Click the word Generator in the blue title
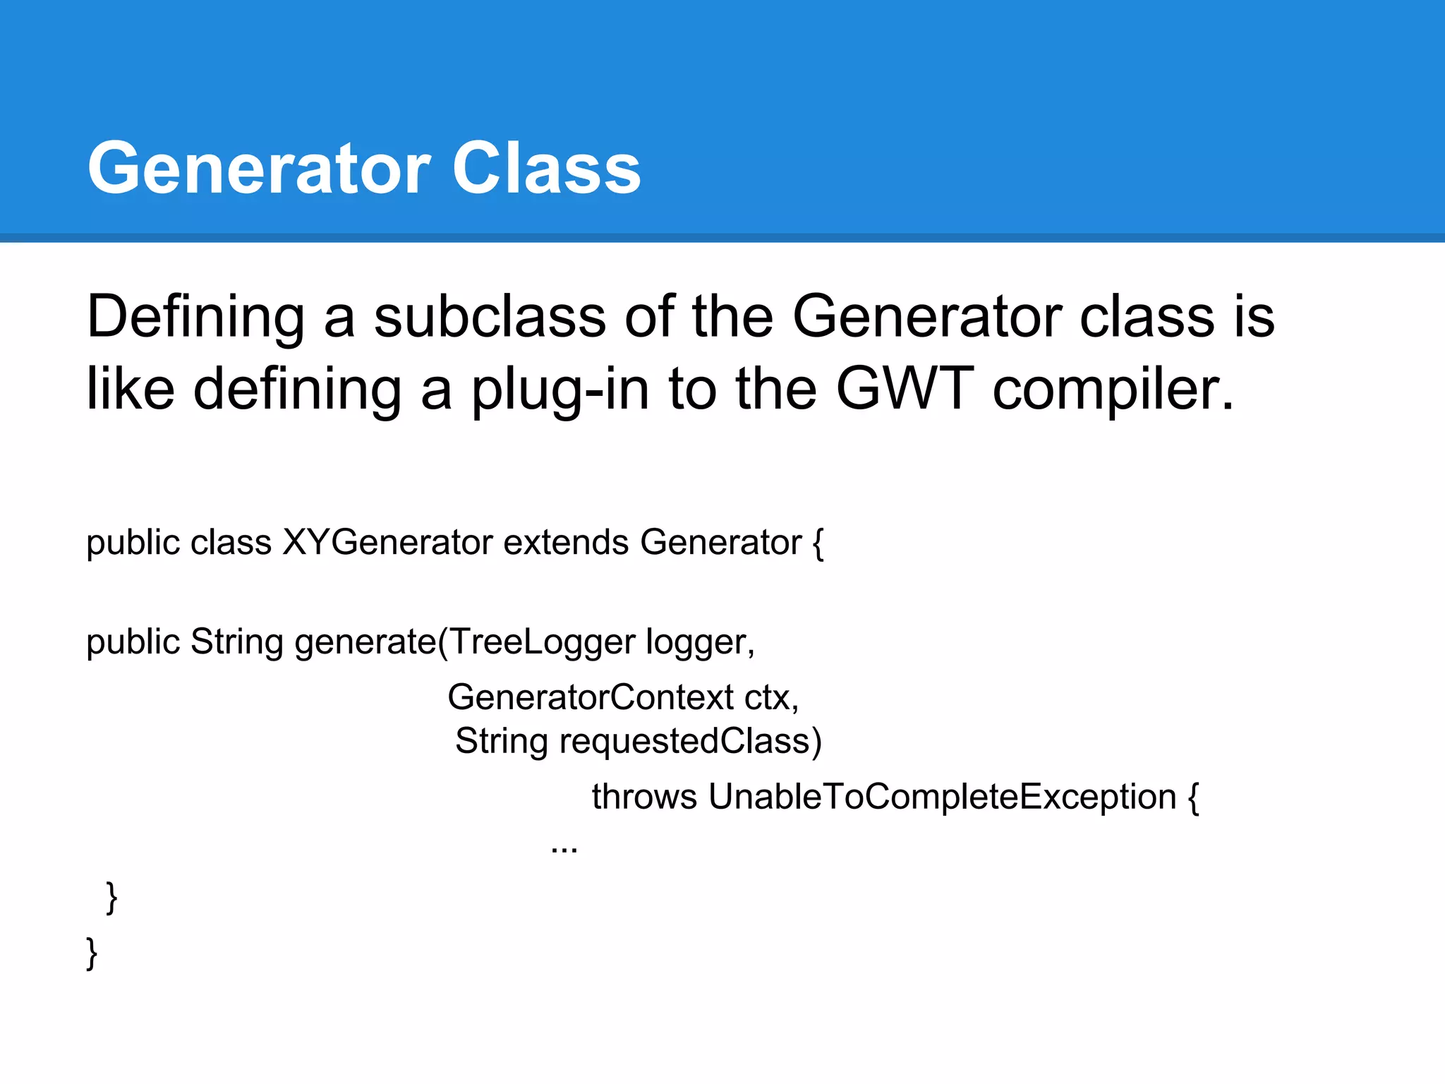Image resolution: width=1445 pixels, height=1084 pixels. [259, 168]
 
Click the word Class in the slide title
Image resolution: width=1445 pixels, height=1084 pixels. [546, 168]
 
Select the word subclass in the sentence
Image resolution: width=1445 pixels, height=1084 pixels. [490, 317]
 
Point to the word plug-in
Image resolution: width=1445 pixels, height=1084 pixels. [560, 390]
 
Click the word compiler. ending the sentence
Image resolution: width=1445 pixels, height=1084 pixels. [1113, 390]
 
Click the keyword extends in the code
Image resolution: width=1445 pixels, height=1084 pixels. [566, 543]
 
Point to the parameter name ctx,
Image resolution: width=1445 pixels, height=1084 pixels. [771, 697]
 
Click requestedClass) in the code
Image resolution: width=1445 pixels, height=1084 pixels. [691, 742]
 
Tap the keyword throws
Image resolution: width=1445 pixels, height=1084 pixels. [644, 797]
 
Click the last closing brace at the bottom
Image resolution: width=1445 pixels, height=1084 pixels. [92, 953]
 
